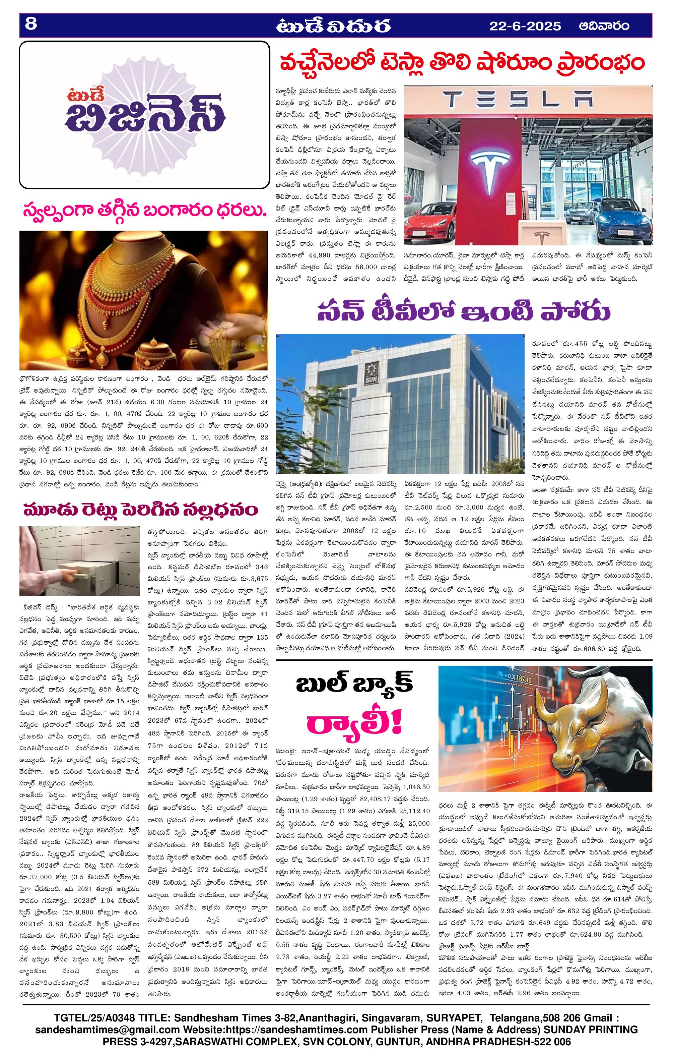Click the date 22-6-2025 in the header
pyautogui.click(x=525, y=26)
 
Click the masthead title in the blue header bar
pyautogui.click(x=333, y=26)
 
